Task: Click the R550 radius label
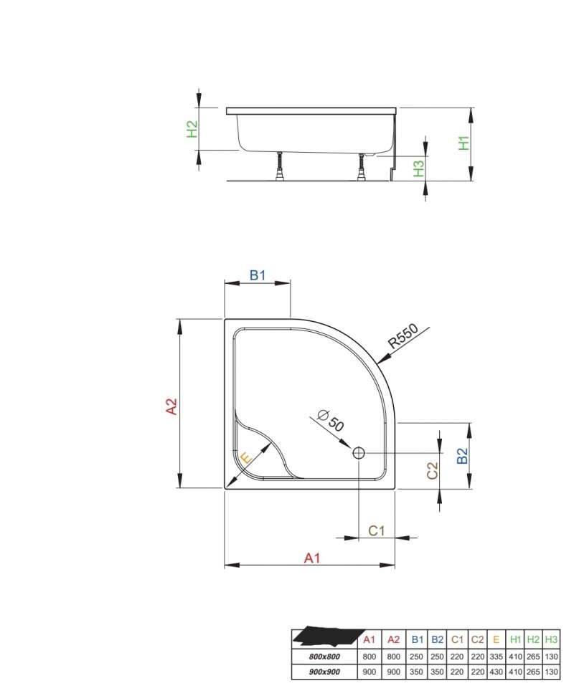click(404, 336)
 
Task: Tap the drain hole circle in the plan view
click(359, 453)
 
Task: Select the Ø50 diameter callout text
click(331, 419)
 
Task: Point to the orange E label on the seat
click(247, 458)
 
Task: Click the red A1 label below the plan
click(312, 558)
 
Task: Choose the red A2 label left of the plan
click(171, 406)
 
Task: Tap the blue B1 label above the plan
click(258, 275)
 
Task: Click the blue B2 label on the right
click(462, 456)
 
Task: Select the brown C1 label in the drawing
click(376, 530)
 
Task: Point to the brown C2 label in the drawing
click(432, 471)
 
